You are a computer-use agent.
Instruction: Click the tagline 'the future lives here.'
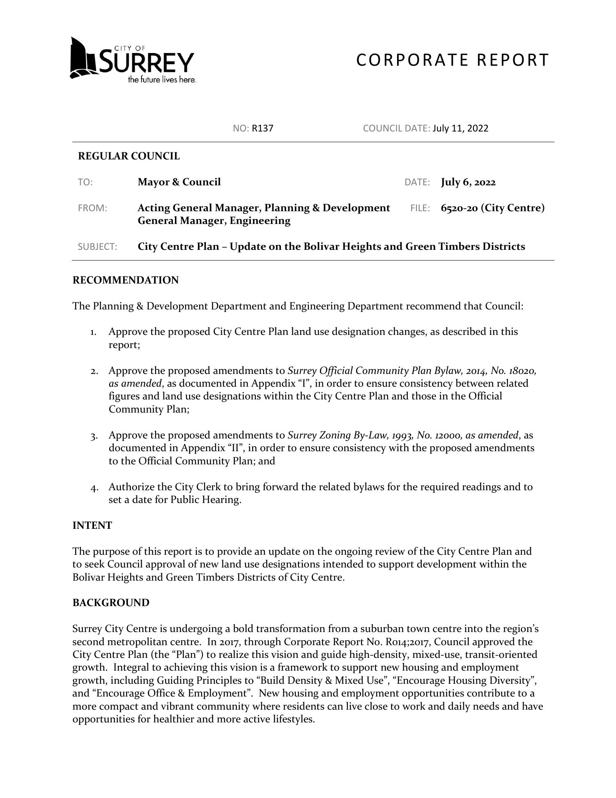[x=162, y=80]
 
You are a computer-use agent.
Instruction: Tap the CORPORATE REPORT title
[x=452, y=60]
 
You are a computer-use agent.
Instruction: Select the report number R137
[x=262, y=128]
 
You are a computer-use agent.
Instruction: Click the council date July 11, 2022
[x=460, y=128]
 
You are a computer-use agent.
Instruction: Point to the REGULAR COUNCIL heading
[x=129, y=156]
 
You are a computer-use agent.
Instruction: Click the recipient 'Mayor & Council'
[x=179, y=182]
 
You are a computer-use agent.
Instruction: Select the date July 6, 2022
[x=468, y=182]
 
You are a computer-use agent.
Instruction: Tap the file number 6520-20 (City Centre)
[x=493, y=208]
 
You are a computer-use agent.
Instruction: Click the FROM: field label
[x=92, y=208]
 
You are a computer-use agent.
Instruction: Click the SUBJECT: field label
[x=97, y=247]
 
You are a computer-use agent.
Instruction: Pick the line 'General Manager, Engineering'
[x=214, y=221]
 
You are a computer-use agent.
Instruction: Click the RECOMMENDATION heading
[x=126, y=280]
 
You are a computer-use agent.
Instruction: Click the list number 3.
[x=94, y=436]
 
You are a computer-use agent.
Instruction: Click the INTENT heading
[x=92, y=526]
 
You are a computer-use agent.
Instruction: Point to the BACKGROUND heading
[x=111, y=603]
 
